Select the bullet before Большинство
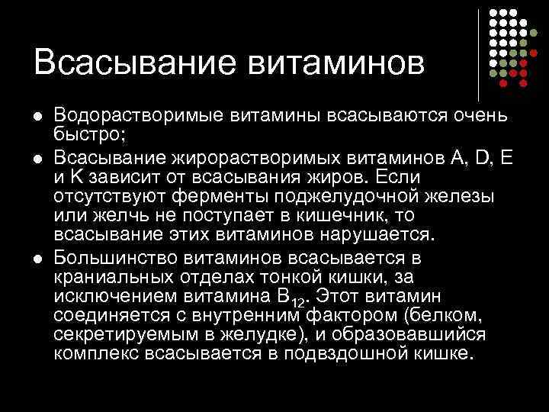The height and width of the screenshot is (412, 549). [37, 258]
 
